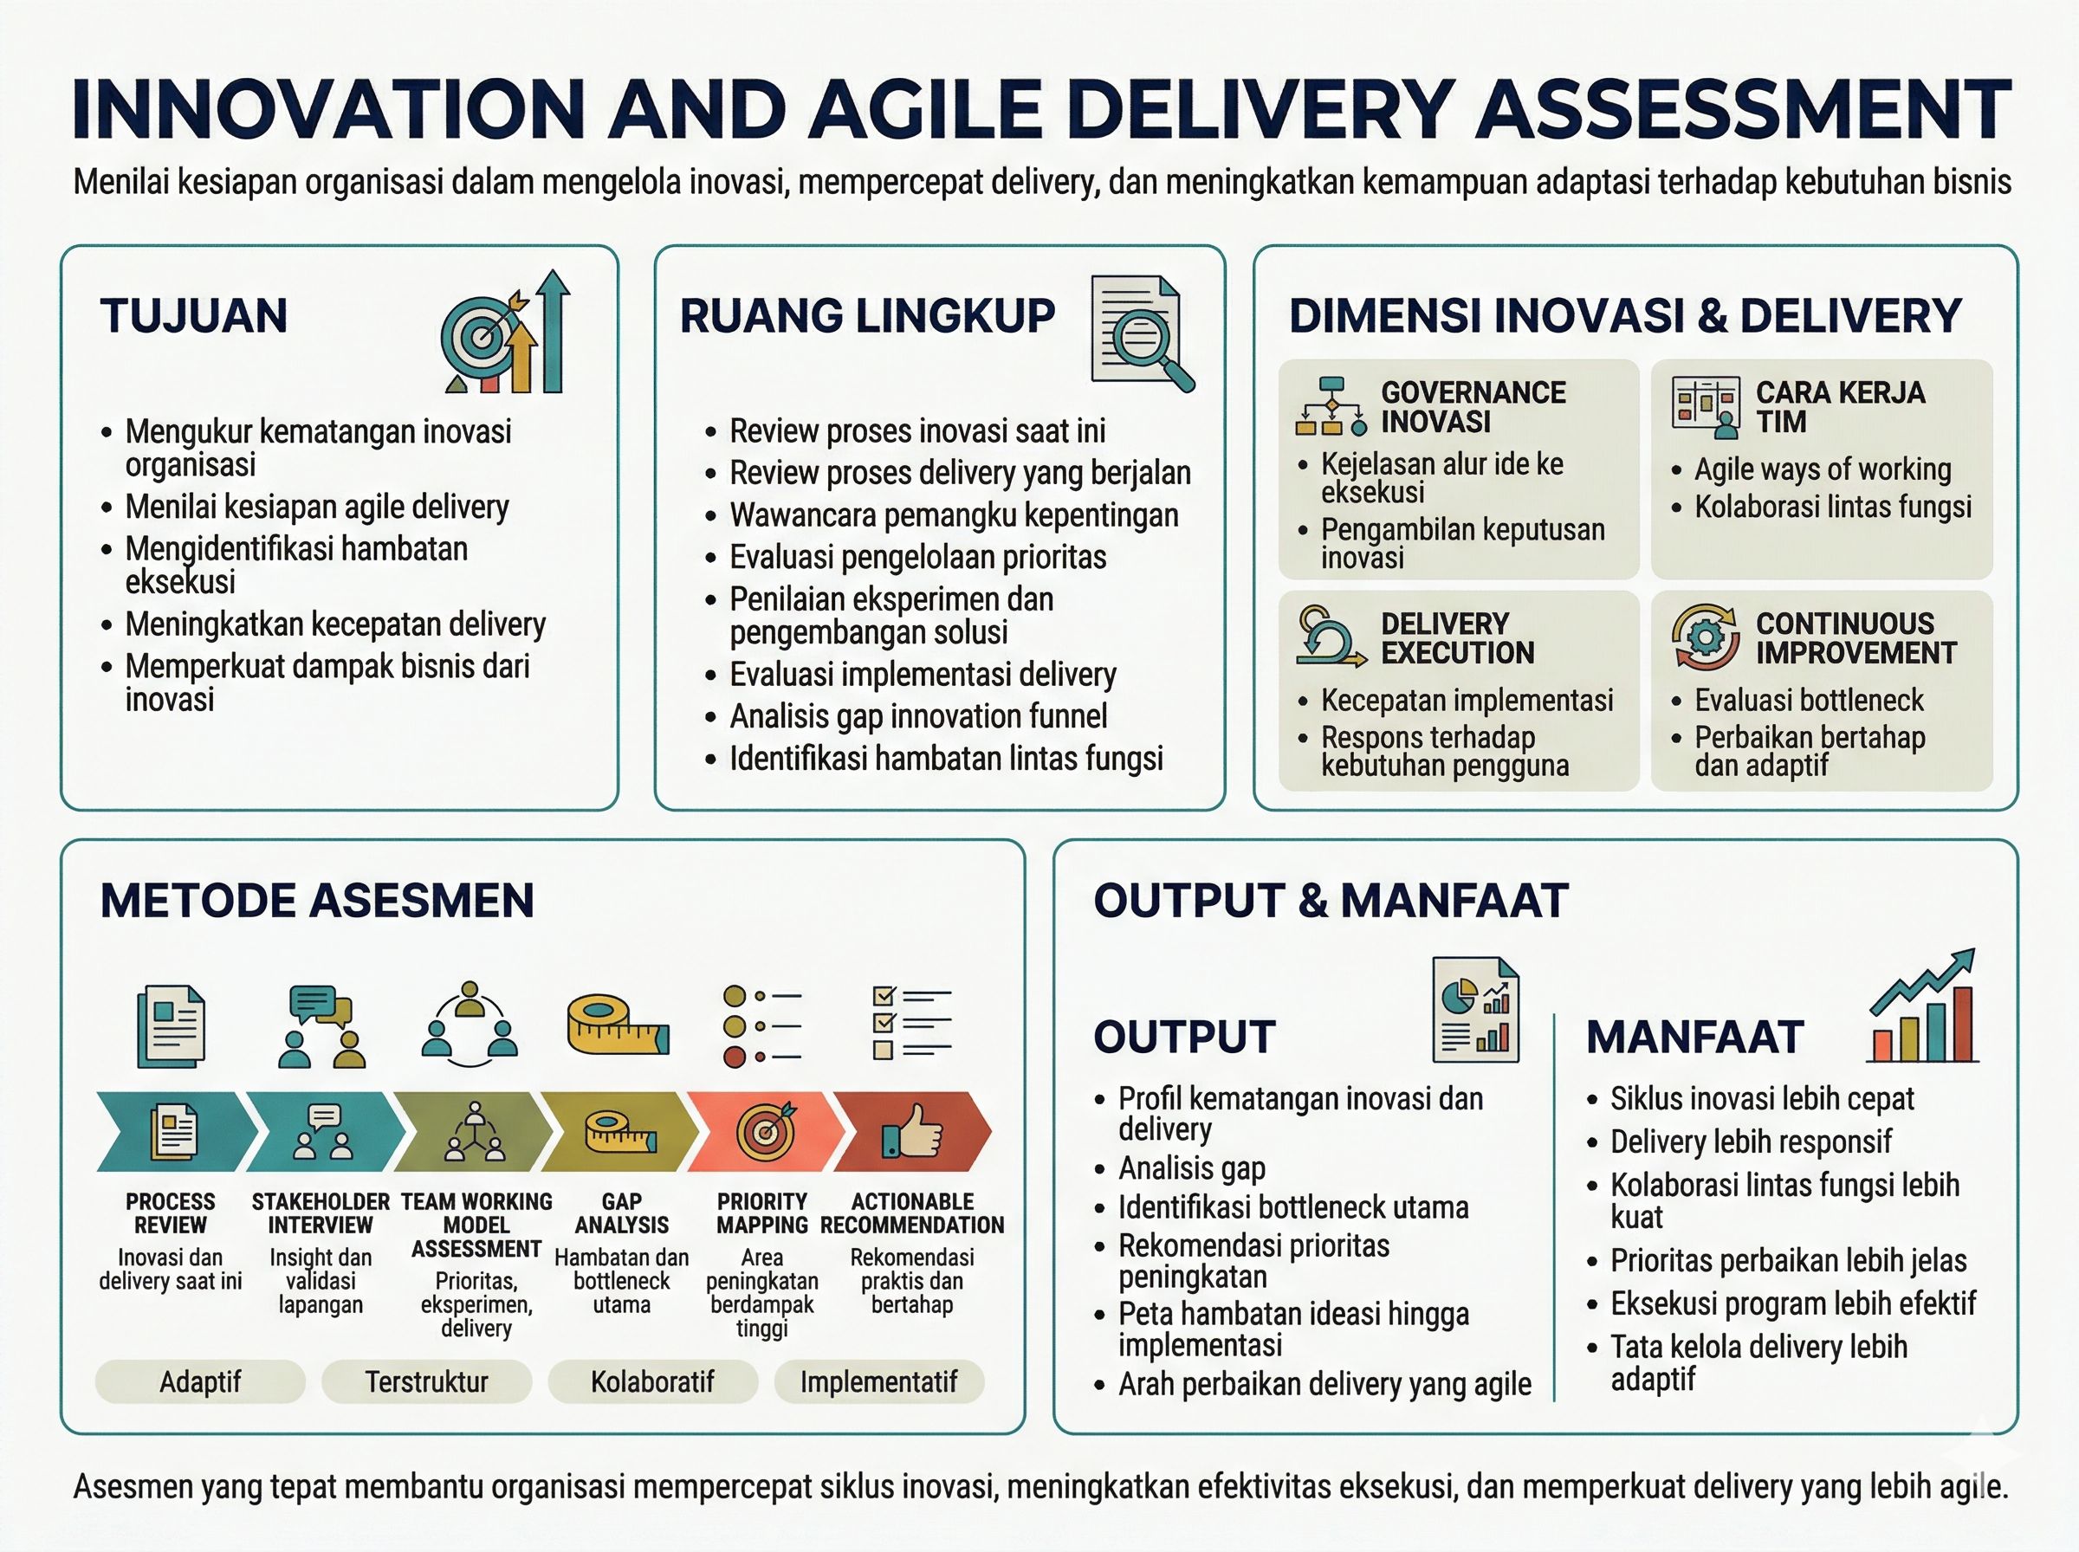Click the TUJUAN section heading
(x=193, y=315)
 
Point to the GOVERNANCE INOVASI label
(x=1472, y=407)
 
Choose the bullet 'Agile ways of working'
(x=1822, y=469)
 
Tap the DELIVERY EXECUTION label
(x=1457, y=638)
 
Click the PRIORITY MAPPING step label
(x=762, y=1212)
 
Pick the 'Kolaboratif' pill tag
(x=652, y=1381)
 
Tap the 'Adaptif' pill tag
(x=200, y=1381)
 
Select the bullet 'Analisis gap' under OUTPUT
(x=1191, y=1167)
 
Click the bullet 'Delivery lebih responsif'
(x=1750, y=1141)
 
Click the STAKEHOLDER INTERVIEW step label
(x=321, y=1212)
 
